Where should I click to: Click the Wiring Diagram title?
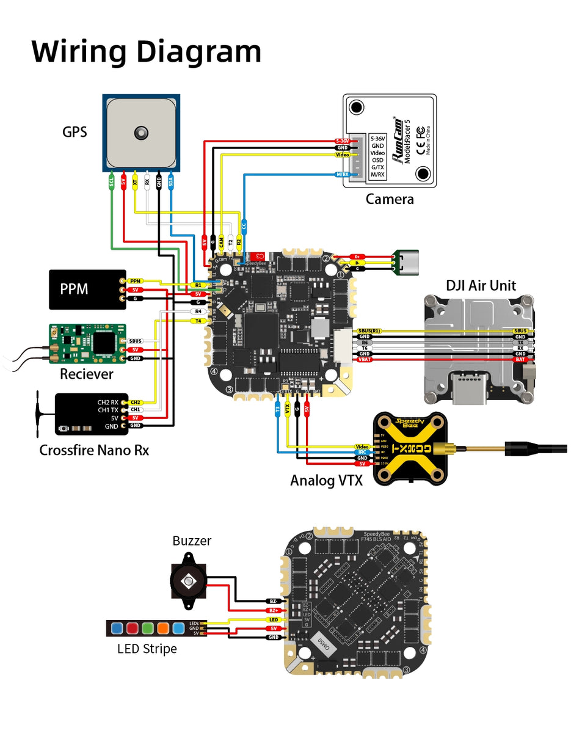[x=147, y=51]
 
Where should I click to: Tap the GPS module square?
[x=141, y=133]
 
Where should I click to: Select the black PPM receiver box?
[x=87, y=289]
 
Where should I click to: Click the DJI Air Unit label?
[x=481, y=285]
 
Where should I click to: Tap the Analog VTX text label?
[x=326, y=480]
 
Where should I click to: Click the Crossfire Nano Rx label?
[x=94, y=451]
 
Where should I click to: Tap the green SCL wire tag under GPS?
[x=111, y=181]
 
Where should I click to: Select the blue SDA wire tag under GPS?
[x=171, y=181]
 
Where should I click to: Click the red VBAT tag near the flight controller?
[x=365, y=360]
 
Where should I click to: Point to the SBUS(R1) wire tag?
[x=369, y=330]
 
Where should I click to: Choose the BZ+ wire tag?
[x=273, y=610]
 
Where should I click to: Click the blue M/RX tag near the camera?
[x=343, y=175]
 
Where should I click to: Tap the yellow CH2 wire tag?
[x=135, y=403]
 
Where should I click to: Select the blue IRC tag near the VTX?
[x=362, y=452]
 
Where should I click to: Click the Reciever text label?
[x=86, y=374]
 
